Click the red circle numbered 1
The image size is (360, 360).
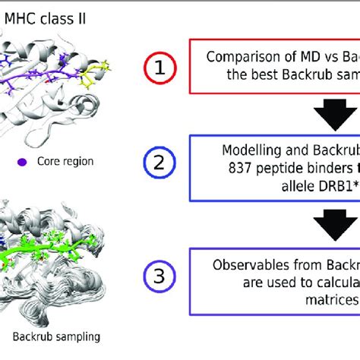(158, 68)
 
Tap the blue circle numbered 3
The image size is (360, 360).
(158, 276)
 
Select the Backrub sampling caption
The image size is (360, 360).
(57, 336)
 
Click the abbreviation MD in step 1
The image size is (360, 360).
(319, 57)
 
